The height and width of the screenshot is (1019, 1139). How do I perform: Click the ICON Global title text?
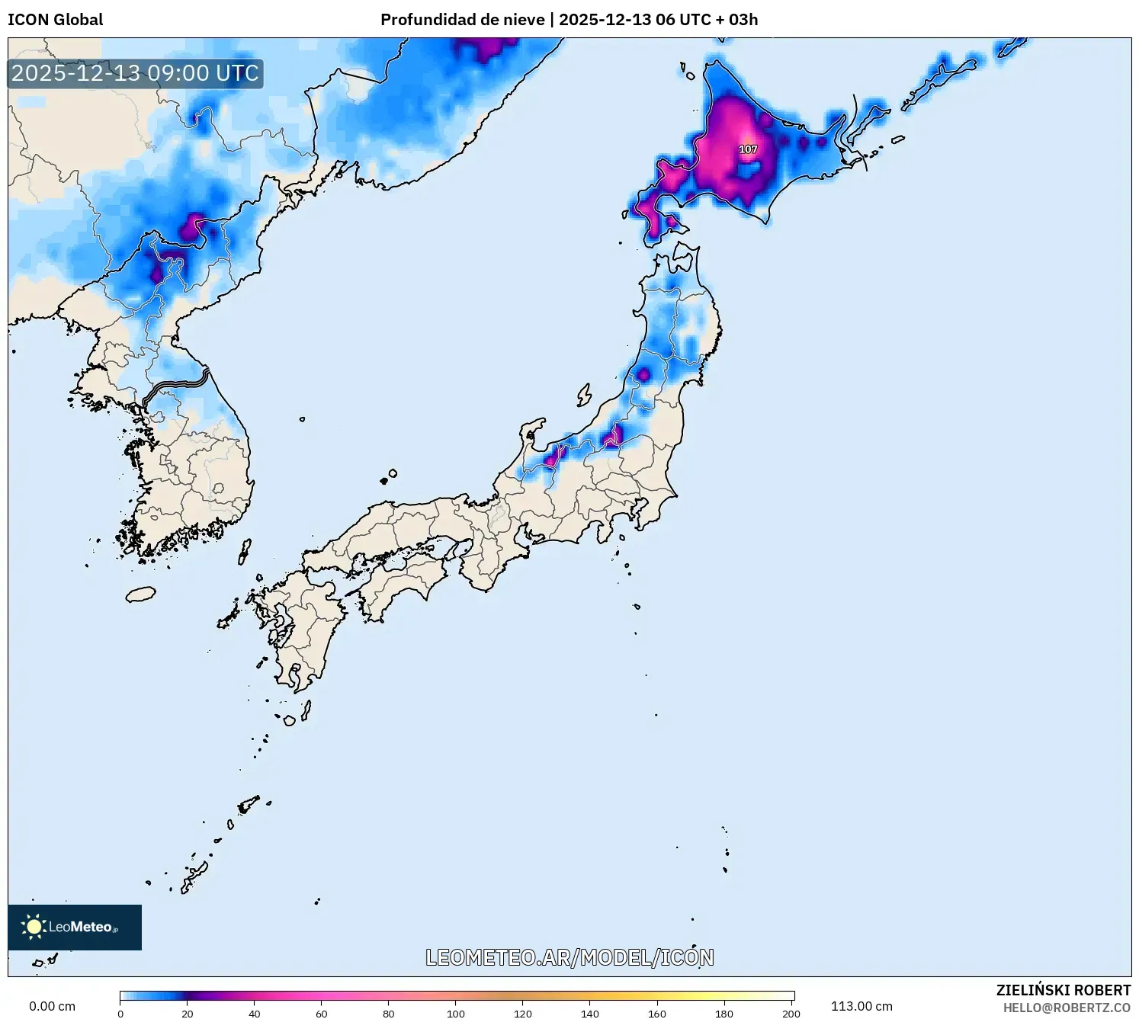click(x=55, y=20)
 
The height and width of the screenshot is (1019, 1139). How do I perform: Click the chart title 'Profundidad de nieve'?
click(x=461, y=20)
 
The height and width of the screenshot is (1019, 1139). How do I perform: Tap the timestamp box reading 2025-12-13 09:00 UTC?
click(x=135, y=73)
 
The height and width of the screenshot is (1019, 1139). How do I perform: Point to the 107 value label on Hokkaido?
click(x=748, y=149)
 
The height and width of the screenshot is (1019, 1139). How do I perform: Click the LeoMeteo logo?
click(x=75, y=927)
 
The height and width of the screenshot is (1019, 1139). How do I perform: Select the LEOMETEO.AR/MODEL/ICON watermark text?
click(x=569, y=957)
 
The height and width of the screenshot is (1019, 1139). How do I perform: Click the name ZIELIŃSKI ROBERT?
click(x=1063, y=990)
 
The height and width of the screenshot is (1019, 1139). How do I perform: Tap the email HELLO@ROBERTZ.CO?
click(x=1066, y=1008)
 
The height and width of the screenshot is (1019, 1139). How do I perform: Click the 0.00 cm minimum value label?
click(x=52, y=1006)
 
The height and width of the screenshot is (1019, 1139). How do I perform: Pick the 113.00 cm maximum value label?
click(x=861, y=1006)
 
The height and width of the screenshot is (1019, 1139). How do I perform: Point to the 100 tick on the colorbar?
click(x=456, y=1014)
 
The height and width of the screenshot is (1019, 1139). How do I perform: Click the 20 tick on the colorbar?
click(x=188, y=1014)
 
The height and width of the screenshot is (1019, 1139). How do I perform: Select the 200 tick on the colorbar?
click(x=791, y=1014)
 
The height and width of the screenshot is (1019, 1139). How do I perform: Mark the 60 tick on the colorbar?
click(x=322, y=1014)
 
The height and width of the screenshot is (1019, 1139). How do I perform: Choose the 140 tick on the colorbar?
click(x=590, y=1014)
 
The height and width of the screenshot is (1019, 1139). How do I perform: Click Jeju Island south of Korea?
click(x=140, y=594)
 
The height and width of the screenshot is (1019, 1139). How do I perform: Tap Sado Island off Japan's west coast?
click(x=584, y=395)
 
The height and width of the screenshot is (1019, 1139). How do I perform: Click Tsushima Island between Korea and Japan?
click(x=245, y=551)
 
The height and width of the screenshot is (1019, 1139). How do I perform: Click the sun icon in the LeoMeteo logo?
click(x=34, y=927)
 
